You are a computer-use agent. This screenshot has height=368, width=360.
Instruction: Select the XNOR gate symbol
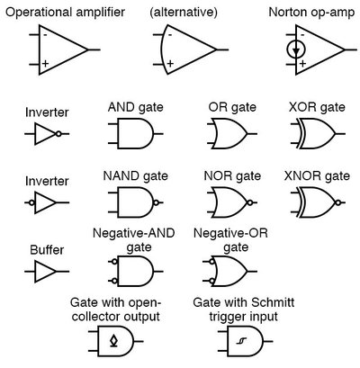[x=317, y=202]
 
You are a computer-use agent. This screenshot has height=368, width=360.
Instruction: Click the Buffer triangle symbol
[x=44, y=270]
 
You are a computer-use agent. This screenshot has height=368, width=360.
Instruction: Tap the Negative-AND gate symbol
[x=135, y=270]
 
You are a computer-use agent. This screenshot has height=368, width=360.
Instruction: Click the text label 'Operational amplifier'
[x=65, y=13]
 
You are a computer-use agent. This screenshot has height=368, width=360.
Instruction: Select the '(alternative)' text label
[x=183, y=13]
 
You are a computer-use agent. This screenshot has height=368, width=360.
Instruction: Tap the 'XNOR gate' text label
[x=317, y=174]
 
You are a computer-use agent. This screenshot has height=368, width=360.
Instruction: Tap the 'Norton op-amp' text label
[x=312, y=13]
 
